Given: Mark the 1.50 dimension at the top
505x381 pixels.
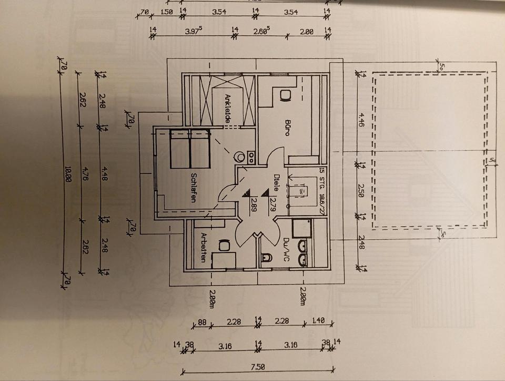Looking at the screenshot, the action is tap(167, 12).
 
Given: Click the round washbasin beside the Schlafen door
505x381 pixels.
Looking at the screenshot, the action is tap(240, 157).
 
